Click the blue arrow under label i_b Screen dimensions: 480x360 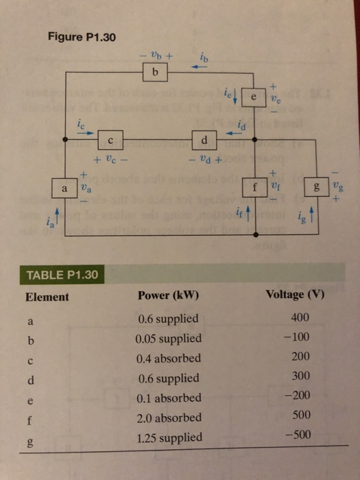tap(199, 67)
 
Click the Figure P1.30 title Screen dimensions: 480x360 tap(84, 36)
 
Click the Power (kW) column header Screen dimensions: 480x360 tap(168, 296)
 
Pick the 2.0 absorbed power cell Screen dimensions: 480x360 tap(169, 418)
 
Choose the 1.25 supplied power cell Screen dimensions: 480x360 tap(169, 437)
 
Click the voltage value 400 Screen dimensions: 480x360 tap(300, 317)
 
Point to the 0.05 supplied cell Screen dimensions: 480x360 tap(169, 338)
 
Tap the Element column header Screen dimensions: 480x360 tap(47, 297)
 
